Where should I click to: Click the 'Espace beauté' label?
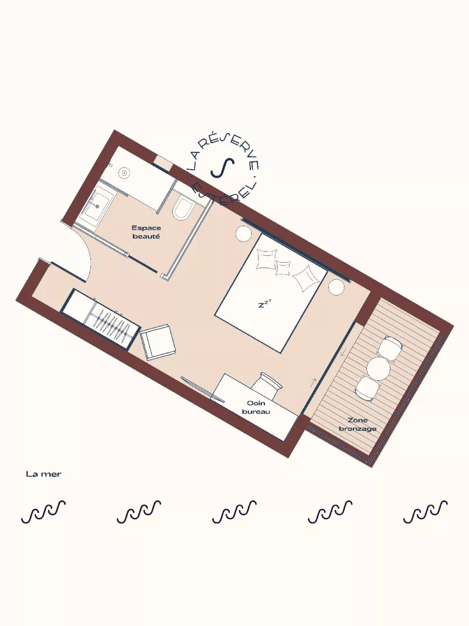[x=147, y=232]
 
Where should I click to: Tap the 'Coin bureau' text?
[x=256, y=407]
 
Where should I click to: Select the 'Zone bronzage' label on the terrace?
[x=358, y=424]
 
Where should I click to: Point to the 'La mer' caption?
[x=43, y=474]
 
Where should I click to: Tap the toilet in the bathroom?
[x=183, y=209]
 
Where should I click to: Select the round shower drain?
[x=124, y=173]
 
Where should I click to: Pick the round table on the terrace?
[x=378, y=368]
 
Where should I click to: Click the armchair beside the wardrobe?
[x=158, y=341]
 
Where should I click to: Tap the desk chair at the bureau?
[x=266, y=384]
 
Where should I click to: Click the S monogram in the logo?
[x=223, y=168]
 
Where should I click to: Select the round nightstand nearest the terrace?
[x=336, y=287]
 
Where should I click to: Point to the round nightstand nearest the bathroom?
[x=243, y=234]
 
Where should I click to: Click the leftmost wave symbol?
[x=43, y=512]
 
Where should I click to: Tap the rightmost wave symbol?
[x=426, y=512]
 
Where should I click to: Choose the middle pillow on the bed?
[x=283, y=268]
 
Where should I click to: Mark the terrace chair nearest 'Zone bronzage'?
[x=367, y=388]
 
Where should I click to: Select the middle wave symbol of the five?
[x=235, y=512]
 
